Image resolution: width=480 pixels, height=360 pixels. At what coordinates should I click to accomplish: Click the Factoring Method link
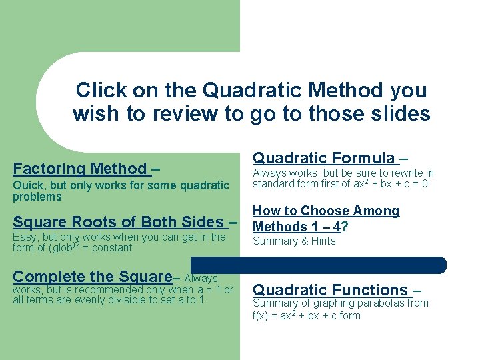click(x=80, y=169)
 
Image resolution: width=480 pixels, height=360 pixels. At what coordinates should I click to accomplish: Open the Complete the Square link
click(x=93, y=277)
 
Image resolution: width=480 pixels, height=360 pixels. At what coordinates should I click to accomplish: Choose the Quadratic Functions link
click(x=330, y=290)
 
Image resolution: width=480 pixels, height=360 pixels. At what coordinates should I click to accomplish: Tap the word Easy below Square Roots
click(x=25, y=237)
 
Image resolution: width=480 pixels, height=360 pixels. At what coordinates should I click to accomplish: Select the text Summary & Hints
click(x=293, y=241)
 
